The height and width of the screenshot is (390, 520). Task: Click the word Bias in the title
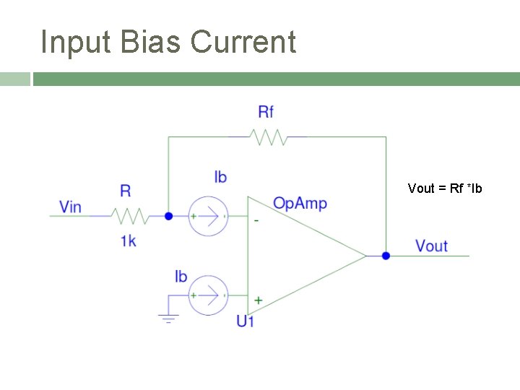pos(150,42)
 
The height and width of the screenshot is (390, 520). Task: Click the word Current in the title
pos(243,42)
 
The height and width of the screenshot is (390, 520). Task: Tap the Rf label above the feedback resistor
pos(266,111)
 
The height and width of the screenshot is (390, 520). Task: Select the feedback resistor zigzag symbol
pos(268,136)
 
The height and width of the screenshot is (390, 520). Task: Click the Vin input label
pos(70,207)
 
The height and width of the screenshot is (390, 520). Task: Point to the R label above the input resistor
pos(126,191)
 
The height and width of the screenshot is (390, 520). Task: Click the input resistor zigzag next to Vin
pos(130,215)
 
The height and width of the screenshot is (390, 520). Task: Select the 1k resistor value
pos(128,241)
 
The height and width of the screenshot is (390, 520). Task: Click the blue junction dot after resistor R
pos(168,215)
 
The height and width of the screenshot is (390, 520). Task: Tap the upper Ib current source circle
pos(208,215)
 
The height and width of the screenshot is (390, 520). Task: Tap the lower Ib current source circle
pos(208,295)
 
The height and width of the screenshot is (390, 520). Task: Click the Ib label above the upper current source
pos(220,177)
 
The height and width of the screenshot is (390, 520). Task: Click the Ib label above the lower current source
pos(181,277)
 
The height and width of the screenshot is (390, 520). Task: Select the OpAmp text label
pos(300,204)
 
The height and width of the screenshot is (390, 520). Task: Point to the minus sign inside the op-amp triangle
pos(257,220)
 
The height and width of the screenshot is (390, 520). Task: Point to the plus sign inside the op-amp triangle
pos(258,299)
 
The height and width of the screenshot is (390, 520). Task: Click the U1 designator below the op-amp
pos(246,321)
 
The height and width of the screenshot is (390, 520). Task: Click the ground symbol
pos(168,318)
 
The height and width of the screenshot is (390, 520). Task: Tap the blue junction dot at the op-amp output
pos(386,255)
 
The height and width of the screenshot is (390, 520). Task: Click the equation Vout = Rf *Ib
pos(444,188)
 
